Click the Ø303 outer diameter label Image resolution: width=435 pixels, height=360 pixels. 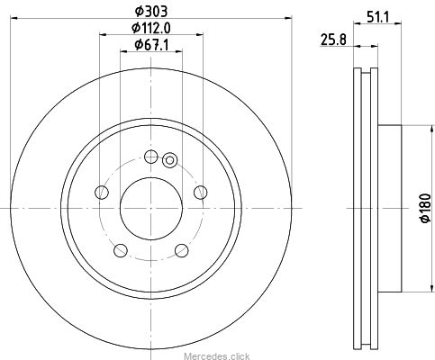150,12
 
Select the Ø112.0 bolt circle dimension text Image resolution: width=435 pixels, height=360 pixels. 151,28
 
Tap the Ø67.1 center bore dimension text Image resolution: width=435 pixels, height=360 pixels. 151,45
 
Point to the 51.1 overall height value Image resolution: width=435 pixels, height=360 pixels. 377,17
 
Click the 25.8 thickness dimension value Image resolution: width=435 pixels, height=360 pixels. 333,40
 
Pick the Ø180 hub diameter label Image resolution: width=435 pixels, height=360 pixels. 425,208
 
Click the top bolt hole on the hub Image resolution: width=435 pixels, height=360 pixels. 150,157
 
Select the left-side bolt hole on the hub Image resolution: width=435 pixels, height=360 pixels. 102,192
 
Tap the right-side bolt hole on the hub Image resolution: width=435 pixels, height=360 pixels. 200,192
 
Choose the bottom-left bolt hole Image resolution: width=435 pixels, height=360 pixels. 121,250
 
